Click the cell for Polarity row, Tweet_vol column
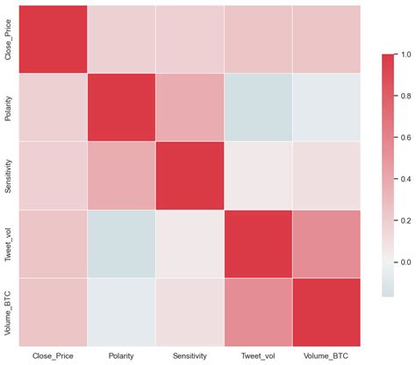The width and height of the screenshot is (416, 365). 257,107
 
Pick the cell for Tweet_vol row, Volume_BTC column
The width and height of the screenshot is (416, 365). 326,244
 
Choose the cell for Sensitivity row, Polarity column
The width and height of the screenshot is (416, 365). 121,175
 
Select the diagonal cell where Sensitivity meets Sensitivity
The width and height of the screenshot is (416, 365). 190,175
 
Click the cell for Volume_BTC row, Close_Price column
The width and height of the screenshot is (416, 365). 53,311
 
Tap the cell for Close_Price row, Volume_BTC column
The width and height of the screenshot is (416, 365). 326,39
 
